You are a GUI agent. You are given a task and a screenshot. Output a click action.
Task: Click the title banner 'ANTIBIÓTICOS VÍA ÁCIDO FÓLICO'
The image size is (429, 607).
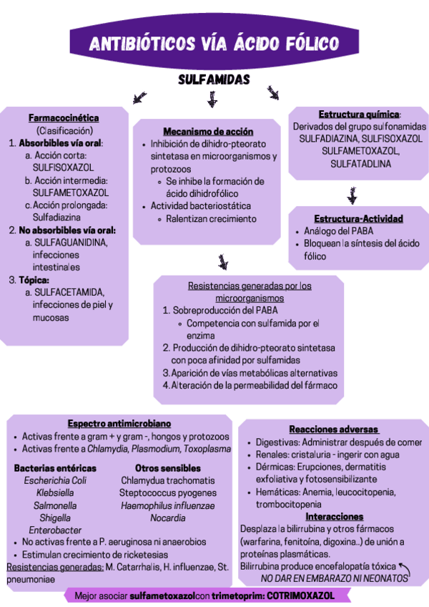coord(214,44)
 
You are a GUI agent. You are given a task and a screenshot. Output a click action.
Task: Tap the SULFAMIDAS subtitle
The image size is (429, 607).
coord(214,79)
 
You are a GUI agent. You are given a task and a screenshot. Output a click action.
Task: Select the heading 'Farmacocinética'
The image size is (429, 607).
coord(64,118)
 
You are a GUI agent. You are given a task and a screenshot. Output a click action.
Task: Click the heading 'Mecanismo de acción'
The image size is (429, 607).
coord(208,132)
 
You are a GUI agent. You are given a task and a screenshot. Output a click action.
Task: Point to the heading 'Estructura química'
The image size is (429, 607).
coord(359,114)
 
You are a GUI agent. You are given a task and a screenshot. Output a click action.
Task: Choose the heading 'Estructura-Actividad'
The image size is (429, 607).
coord(358,218)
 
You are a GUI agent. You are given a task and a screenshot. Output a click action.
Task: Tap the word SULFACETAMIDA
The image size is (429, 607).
coord(69,292)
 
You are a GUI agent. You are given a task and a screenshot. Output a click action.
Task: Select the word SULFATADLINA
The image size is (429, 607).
coord(360,164)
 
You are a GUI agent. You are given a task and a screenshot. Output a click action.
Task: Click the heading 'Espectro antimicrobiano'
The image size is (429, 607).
coord(119,424)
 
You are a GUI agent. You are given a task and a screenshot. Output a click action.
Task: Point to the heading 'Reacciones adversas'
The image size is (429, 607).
coord(333,429)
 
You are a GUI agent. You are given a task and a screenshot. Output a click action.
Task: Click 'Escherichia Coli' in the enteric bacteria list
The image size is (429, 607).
coord(55,480)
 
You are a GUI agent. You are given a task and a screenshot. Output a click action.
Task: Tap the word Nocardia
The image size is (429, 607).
coord(168,518)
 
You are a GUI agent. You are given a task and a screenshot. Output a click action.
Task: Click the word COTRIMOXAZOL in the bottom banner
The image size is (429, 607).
coord(304,596)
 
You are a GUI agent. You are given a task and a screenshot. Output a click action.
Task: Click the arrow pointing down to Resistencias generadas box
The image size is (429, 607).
coord(224,262)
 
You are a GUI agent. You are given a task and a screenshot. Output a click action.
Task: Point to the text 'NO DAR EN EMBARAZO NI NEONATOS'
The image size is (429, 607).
coord(334,578)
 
